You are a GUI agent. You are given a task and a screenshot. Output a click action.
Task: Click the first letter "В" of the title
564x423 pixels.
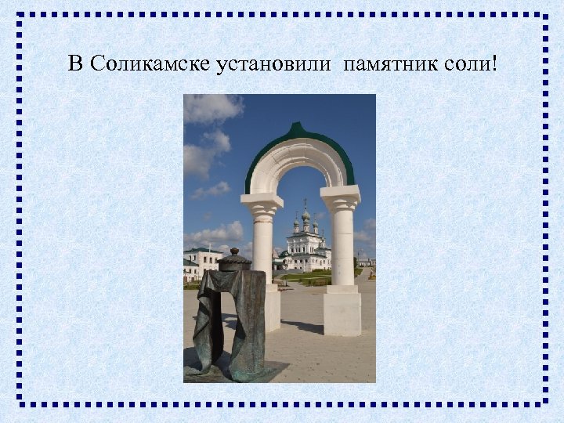click(75, 63)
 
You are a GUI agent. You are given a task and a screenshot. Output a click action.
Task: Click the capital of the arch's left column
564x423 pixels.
click(262, 206)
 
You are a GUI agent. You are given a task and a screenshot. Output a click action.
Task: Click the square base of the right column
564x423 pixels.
click(342, 312)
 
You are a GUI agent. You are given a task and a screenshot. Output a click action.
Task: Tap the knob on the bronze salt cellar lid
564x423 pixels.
click(233, 252)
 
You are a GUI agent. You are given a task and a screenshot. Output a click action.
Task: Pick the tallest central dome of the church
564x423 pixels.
click(305, 214)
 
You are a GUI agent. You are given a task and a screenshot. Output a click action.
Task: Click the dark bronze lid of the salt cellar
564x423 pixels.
click(233, 261)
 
